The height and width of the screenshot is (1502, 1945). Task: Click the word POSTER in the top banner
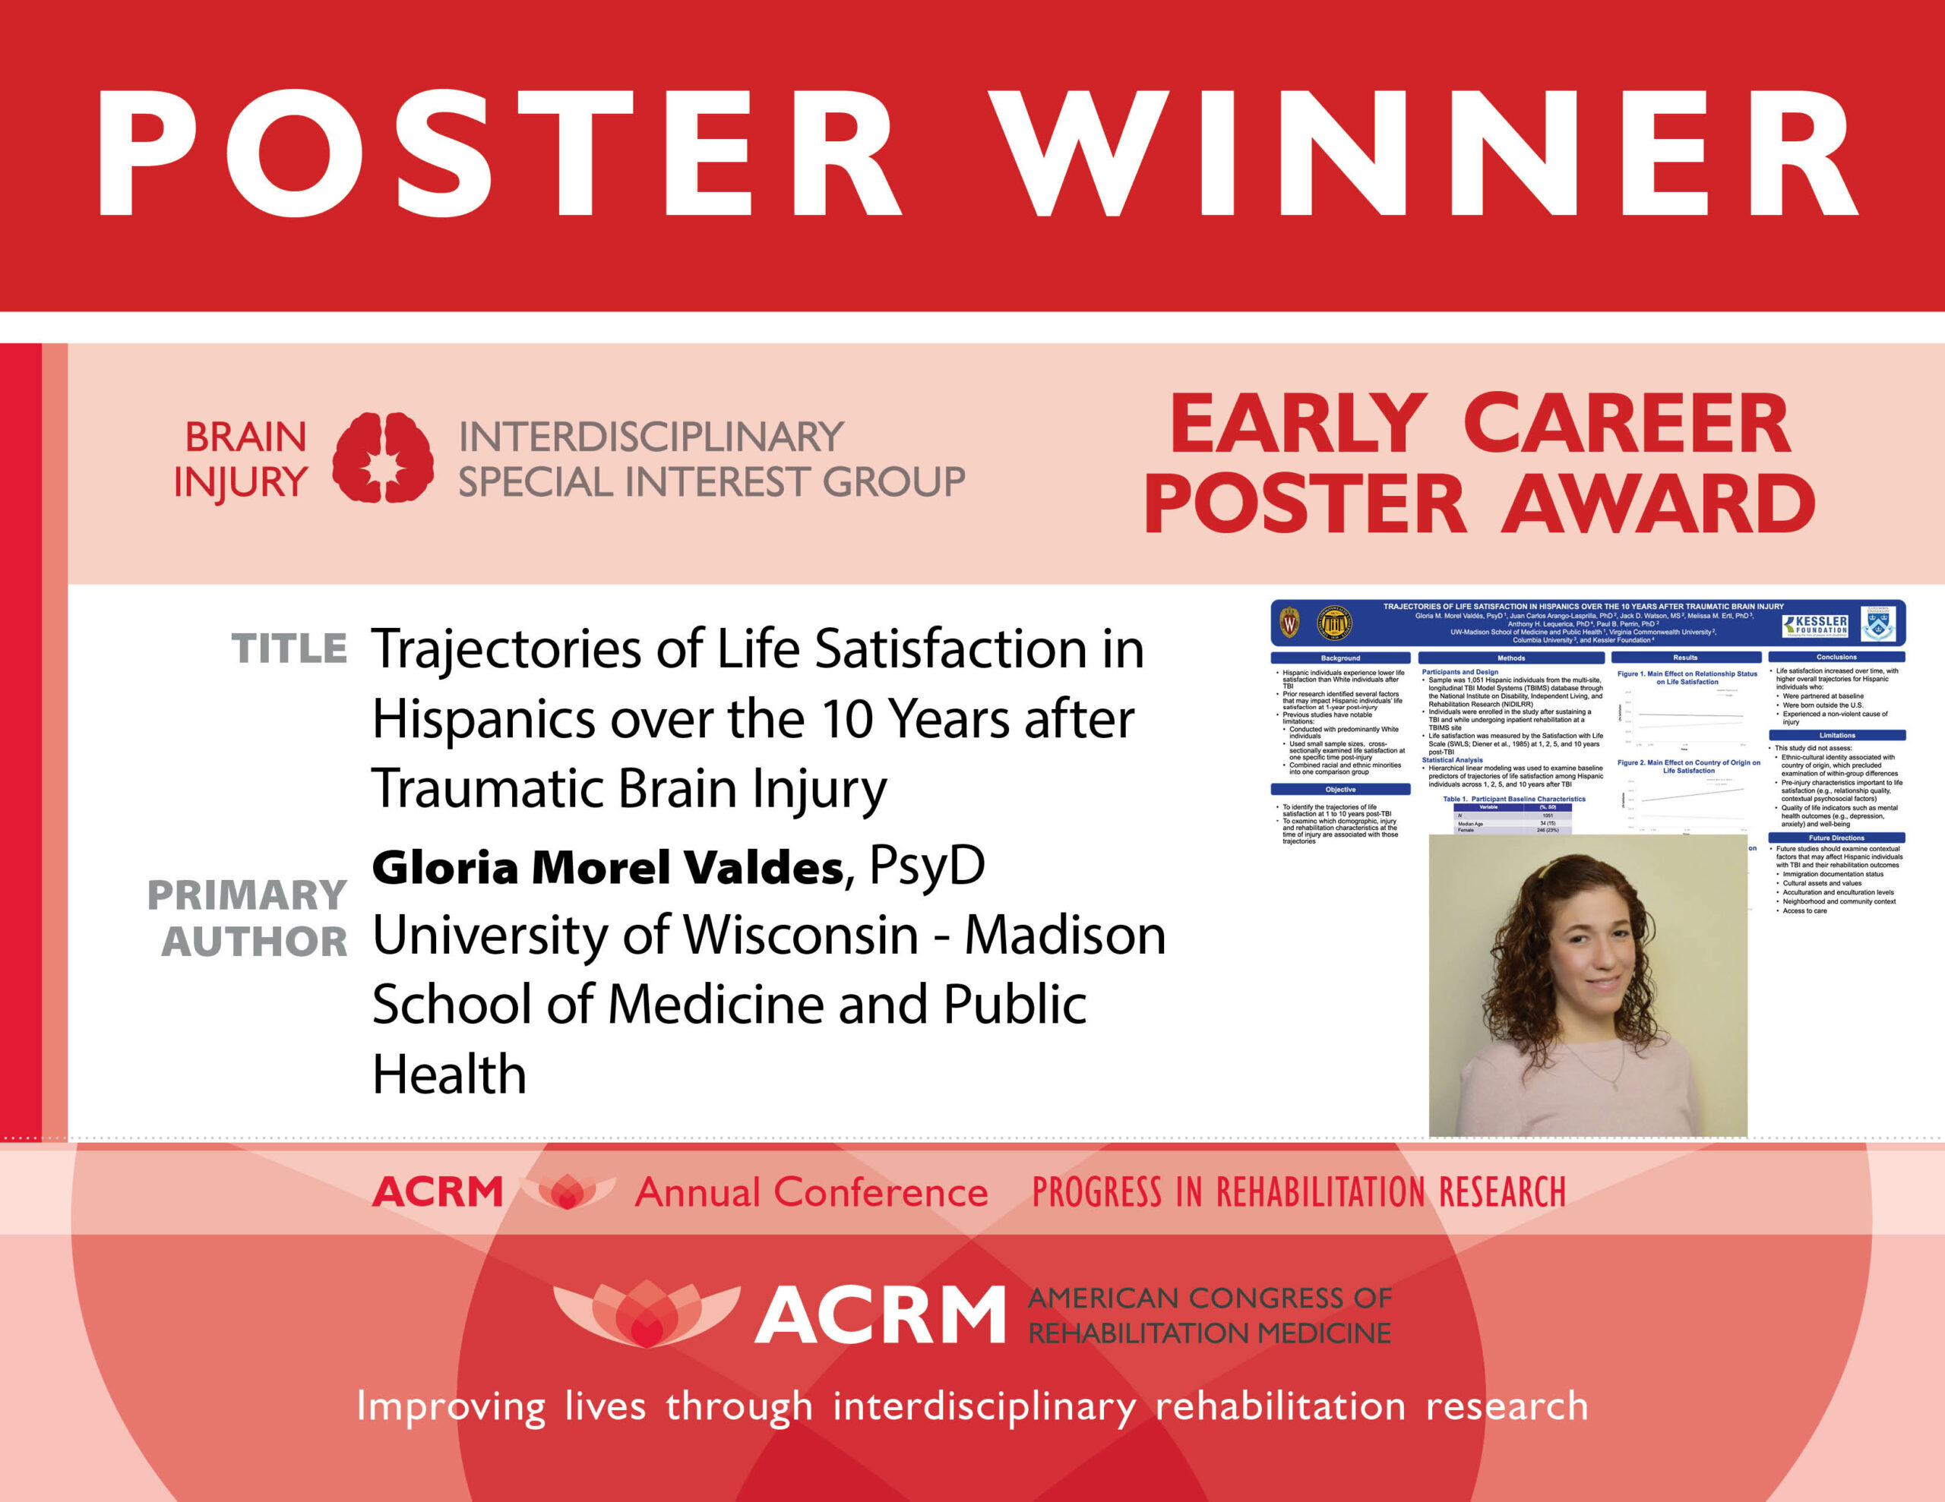[x=498, y=153]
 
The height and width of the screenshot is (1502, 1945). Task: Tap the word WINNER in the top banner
[x=1425, y=153]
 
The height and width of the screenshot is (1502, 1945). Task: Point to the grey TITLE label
[x=289, y=648]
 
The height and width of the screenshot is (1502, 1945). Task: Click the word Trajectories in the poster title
[x=506, y=650]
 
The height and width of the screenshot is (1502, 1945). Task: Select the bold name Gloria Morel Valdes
[x=607, y=867]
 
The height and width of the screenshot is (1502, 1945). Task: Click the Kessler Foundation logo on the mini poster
[x=1815, y=624]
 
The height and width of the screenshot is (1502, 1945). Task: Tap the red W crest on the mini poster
[x=1289, y=623]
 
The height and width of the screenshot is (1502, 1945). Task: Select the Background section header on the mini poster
[x=1340, y=658]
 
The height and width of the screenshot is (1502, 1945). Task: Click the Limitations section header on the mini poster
[x=1836, y=735]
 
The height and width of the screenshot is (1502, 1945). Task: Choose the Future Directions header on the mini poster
[x=1836, y=838]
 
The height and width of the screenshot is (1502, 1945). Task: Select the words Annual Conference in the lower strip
[x=811, y=1192]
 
